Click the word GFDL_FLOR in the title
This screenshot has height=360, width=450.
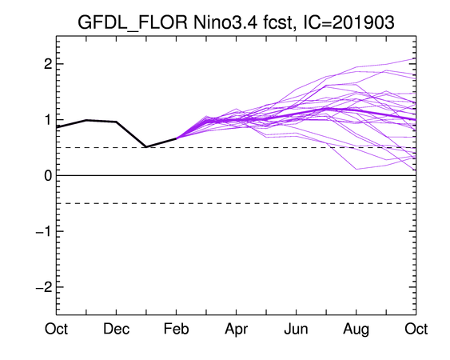133,22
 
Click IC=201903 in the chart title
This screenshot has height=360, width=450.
348,22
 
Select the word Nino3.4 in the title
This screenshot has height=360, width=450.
225,22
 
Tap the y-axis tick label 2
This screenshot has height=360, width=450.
48,64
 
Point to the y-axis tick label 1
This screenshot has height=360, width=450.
49,120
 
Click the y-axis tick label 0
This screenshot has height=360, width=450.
48,175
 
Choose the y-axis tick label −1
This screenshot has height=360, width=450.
44,231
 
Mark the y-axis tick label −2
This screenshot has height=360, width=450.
44,287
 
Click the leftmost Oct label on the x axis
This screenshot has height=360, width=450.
56,329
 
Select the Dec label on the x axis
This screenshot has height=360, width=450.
116,329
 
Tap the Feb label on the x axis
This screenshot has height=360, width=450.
176,329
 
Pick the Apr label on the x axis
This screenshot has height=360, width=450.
237,330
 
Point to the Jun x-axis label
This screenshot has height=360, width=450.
297,329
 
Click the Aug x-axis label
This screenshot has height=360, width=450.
356,330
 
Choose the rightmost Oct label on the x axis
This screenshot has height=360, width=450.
416,329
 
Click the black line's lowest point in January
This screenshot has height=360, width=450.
146,147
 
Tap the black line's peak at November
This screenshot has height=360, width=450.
86,120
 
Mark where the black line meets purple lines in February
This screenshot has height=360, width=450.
176,138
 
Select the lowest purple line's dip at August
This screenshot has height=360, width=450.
356,169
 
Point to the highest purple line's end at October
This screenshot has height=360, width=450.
416,58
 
